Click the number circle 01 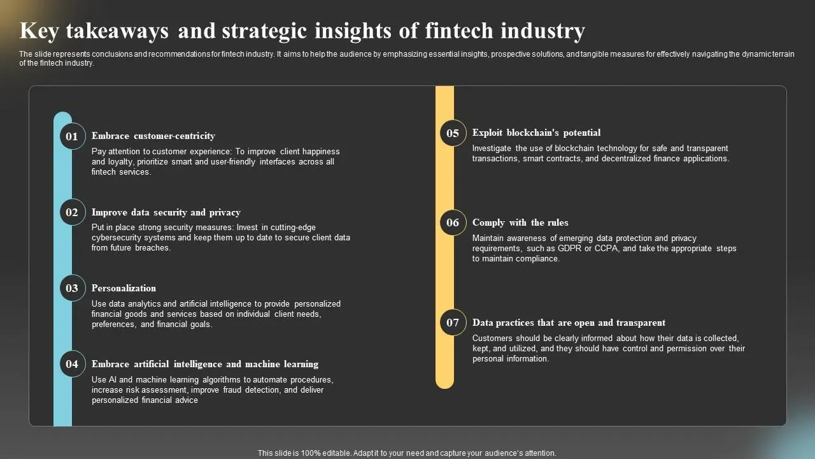73,136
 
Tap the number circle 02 73,212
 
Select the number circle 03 73,288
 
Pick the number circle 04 73,364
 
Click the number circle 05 453,133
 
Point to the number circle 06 453,222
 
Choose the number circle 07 453,323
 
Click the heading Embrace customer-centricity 153,136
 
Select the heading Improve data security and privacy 166,212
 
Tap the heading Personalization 124,288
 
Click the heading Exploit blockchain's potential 536,133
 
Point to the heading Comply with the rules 520,222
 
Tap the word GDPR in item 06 569,249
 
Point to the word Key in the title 39,31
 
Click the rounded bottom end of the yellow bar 444,384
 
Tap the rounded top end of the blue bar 62,116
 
